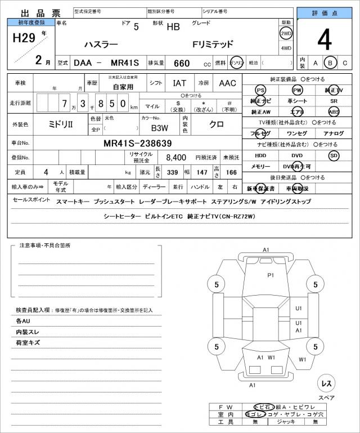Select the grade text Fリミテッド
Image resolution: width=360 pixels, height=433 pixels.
pyautogui.click(x=213, y=44)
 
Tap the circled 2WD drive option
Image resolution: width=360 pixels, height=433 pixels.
pyautogui.click(x=286, y=33)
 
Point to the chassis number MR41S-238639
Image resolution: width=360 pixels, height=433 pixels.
pyautogui.click(x=137, y=143)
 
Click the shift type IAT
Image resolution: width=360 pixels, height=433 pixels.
pyautogui.click(x=179, y=83)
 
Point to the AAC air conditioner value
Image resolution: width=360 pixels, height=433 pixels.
pyautogui.click(x=227, y=83)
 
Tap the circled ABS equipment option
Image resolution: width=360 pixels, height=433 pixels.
pyautogui.click(x=334, y=111)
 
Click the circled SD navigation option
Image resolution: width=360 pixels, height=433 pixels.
pyautogui.click(x=334, y=155)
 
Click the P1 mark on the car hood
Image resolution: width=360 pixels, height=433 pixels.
pyautogui.click(x=270, y=275)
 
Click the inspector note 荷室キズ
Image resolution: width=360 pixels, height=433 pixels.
pyautogui.click(x=28, y=342)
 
